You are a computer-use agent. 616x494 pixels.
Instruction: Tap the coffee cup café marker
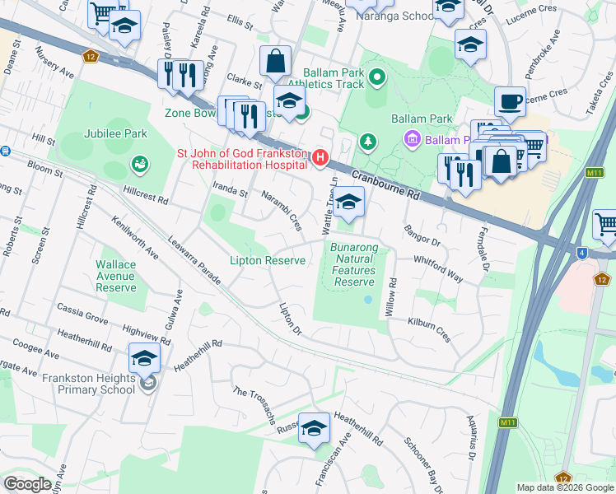coord(510,102)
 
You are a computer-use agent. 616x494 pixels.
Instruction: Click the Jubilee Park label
coord(114,133)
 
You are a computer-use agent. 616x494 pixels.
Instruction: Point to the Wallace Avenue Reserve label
coord(115,276)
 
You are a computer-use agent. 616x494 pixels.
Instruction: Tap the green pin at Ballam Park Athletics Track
coord(378,78)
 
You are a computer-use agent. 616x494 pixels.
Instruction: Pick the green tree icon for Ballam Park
coord(367,142)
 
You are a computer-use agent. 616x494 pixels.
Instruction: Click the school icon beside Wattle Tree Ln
coord(348,203)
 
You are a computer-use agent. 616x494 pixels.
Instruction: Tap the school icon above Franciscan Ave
coord(313,429)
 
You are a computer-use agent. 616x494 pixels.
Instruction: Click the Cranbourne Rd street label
coord(385,185)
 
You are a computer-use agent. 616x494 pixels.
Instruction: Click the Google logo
coord(27,483)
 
